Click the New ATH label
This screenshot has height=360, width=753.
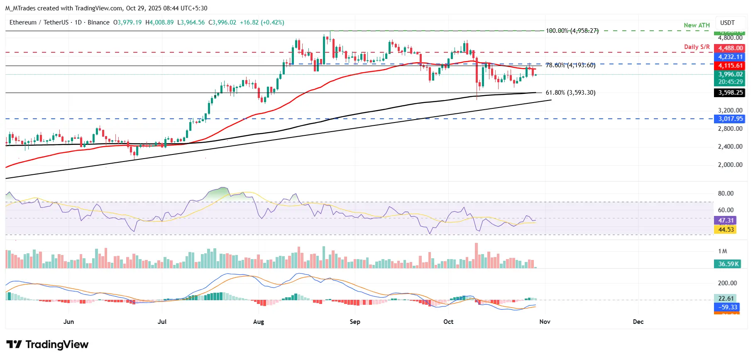697,25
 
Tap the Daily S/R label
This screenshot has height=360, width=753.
697,47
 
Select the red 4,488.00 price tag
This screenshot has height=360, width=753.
730,48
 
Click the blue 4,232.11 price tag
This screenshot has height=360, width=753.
730,57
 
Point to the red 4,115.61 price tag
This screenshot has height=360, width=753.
730,66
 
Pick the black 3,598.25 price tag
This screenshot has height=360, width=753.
730,93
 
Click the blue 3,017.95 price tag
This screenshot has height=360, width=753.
730,119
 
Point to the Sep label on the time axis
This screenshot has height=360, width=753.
355,322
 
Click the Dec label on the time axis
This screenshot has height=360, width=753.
638,322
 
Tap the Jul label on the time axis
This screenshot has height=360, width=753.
162,322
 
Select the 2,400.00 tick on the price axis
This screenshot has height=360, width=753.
730,147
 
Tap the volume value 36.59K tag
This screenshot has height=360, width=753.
729,264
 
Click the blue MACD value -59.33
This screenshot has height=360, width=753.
728,307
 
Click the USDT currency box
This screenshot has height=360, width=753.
727,23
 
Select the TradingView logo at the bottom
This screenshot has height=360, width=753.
47,345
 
